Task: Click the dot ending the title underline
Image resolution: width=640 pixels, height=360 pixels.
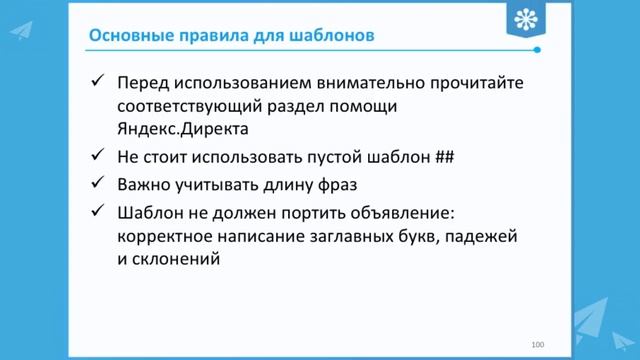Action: point(538,49)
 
